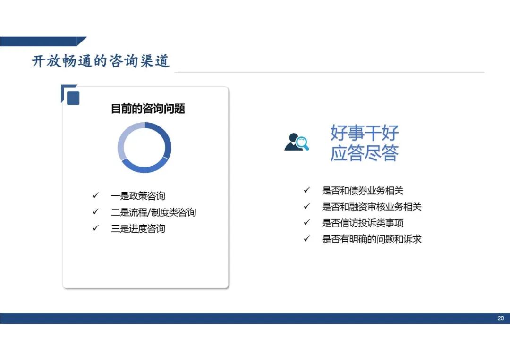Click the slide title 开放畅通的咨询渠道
click(x=101, y=61)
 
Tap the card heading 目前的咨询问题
click(x=148, y=109)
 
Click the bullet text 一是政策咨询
click(x=138, y=196)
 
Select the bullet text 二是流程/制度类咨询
click(x=153, y=212)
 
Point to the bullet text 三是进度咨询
click(x=138, y=228)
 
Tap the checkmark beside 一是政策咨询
click(x=95, y=195)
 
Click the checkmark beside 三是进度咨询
click(x=95, y=228)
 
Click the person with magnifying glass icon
click(x=296, y=142)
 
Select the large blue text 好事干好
click(x=364, y=132)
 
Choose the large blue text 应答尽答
click(x=364, y=153)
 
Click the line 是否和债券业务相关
click(x=363, y=191)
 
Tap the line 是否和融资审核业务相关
click(x=372, y=207)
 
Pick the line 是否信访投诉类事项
click(x=363, y=223)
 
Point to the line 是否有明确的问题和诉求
click(x=372, y=240)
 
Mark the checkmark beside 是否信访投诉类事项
click(x=307, y=222)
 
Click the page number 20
click(x=501, y=318)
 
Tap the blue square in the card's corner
click(x=73, y=98)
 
